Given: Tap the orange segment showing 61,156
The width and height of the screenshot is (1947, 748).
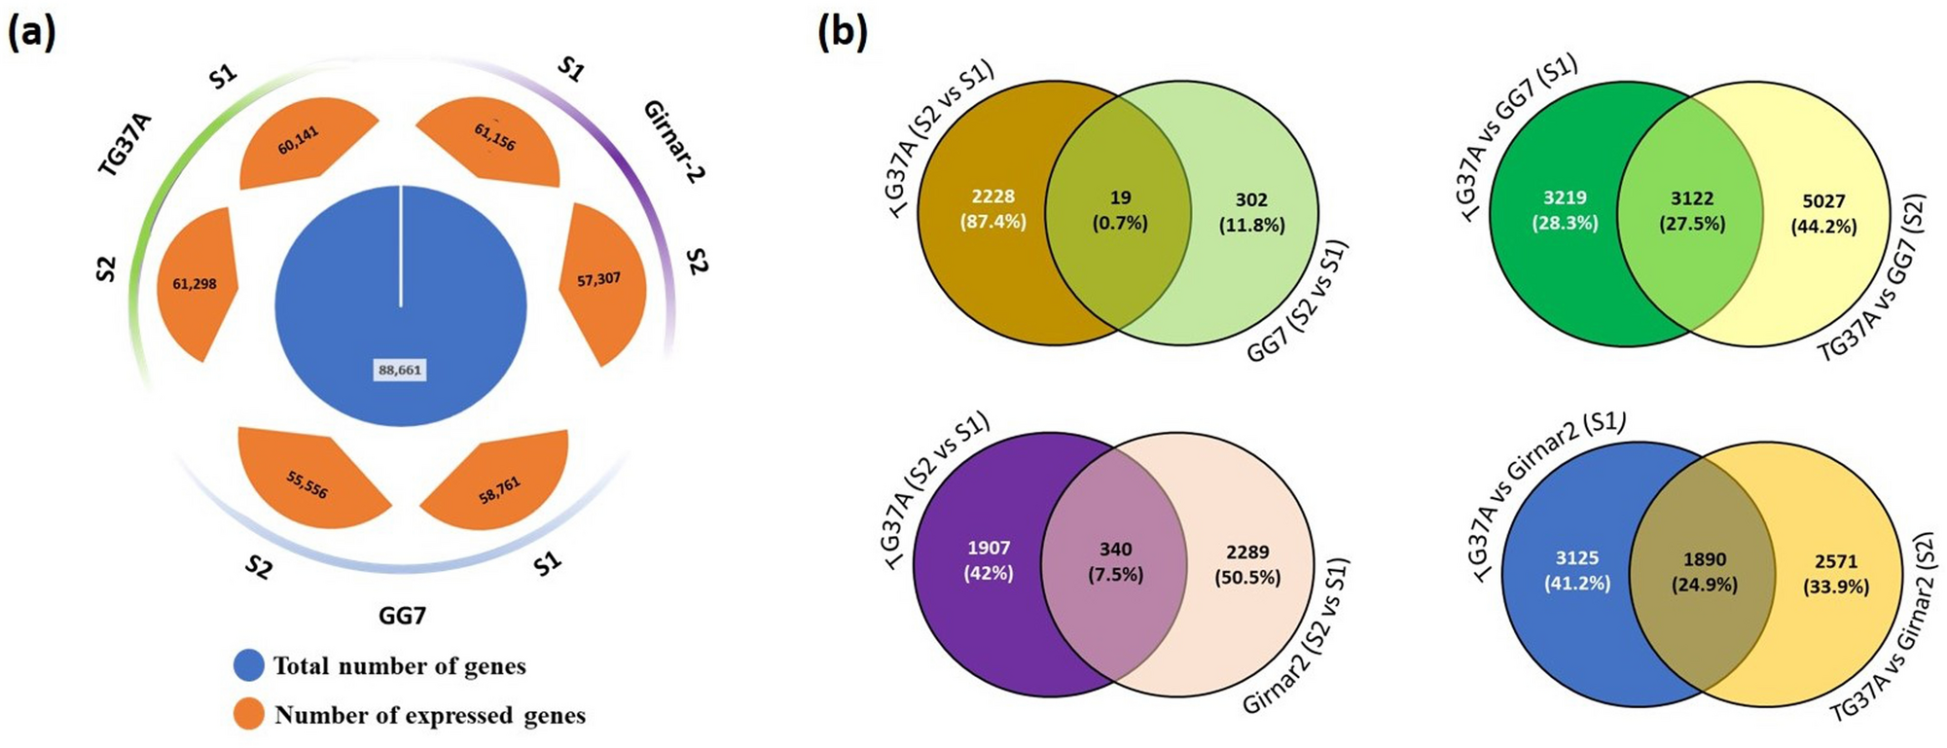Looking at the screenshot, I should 492,141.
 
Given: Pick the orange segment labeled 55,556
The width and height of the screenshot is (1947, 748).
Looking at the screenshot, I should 309,480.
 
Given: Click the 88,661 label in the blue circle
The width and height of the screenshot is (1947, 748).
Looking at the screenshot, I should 400,370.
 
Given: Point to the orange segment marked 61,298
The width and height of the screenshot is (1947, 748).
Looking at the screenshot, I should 197,284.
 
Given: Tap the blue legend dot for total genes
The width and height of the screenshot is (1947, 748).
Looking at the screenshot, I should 249,665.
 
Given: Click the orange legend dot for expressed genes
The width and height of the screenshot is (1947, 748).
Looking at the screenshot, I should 249,715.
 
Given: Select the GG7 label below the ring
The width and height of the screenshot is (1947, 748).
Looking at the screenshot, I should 402,616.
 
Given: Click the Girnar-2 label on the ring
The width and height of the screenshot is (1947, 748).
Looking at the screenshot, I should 673,142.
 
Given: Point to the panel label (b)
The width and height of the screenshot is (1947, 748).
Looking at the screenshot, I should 842,33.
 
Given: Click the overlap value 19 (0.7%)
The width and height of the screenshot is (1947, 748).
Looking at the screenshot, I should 1120,210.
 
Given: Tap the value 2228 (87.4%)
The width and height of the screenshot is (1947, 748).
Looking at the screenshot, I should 992,209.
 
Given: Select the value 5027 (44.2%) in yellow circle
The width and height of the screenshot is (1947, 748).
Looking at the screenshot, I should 1823,214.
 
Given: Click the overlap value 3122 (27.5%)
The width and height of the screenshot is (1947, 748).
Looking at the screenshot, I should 1692,211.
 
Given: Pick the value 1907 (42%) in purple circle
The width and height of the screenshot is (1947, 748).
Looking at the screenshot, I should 989,560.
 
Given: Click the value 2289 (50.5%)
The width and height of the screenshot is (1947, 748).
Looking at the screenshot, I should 1247,564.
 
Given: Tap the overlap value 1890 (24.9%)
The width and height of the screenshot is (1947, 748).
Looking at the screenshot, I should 1705,572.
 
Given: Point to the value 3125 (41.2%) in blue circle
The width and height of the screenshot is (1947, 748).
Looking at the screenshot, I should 1577,570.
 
